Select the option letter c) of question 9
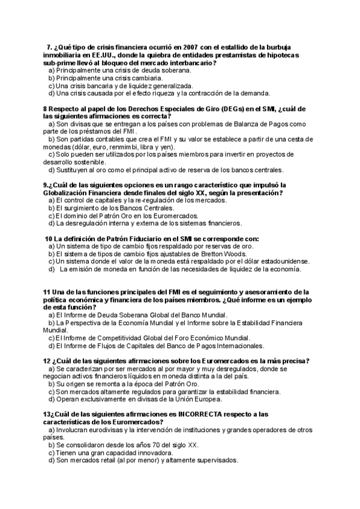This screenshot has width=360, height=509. pyautogui.click(x=51, y=215)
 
